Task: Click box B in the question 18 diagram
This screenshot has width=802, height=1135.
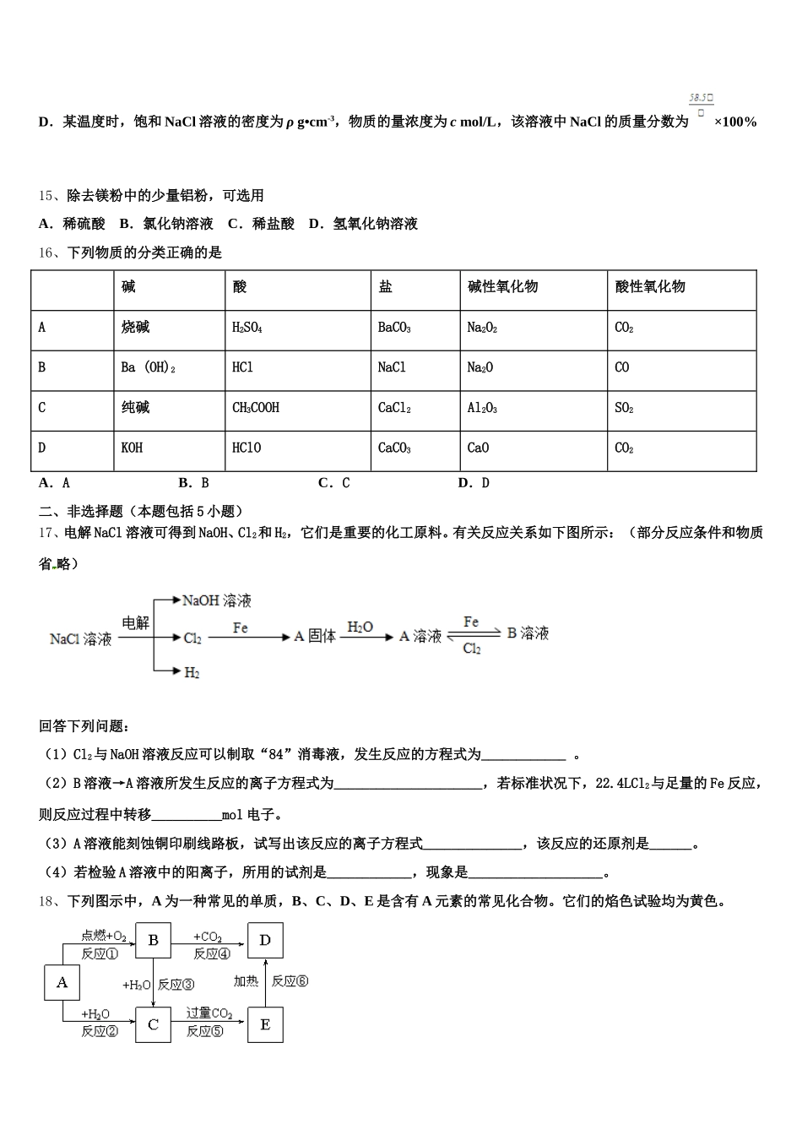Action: (153, 940)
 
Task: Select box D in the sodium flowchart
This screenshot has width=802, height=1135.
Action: (265, 940)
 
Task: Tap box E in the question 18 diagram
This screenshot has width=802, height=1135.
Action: (265, 1024)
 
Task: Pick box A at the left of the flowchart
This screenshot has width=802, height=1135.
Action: (62, 982)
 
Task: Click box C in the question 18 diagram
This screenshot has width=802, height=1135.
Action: (153, 1024)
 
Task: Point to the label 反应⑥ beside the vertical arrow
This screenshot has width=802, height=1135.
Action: (290, 981)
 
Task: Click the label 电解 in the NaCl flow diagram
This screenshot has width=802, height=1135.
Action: (135, 623)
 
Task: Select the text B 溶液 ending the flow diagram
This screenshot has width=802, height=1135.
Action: (528, 633)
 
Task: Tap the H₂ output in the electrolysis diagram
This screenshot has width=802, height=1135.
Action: (192, 673)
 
